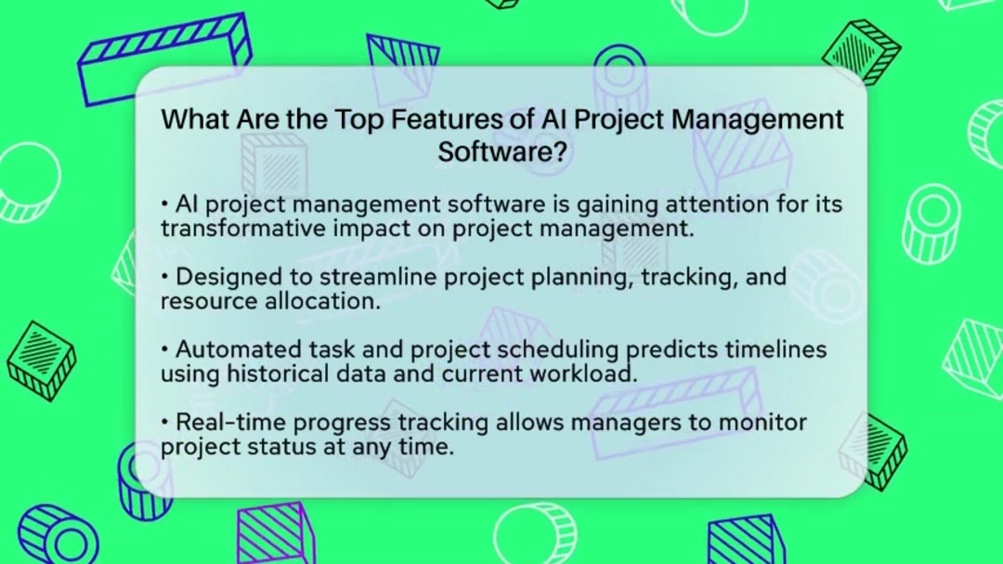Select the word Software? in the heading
[502, 151]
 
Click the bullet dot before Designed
[165, 277]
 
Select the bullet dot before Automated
[165, 349]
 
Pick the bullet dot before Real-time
[165, 423]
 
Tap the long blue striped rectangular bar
[164, 58]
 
